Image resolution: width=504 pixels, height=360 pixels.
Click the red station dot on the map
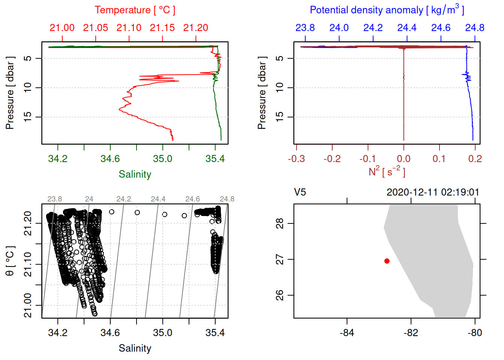(x=387, y=261)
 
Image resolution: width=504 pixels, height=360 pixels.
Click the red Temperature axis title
(x=135, y=10)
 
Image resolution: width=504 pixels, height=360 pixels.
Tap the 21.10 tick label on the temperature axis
(x=129, y=28)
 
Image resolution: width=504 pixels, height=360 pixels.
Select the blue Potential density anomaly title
(x=387, y=10)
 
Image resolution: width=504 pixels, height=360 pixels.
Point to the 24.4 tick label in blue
(x=407, y=28)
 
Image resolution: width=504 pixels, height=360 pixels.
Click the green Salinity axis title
(x=135, y=174)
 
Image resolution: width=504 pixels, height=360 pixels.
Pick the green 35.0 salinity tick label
(x=163, y=159)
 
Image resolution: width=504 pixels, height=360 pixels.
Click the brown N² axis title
(x=387, y=172)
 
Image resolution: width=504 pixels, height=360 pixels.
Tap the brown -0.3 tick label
(x=296, y=159)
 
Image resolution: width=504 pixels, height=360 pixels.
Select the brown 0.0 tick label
(x=403, y=159)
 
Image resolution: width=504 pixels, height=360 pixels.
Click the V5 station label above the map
(x=300, y=192)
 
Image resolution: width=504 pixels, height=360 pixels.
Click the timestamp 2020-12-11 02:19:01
(x=433, y=192)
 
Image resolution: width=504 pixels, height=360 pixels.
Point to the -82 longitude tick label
(x=411, y=333)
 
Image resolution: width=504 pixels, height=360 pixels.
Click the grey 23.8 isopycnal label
(x=55, y=199)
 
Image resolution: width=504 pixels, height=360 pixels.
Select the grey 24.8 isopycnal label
(x=227, y=199)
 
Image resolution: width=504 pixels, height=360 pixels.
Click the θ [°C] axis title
(x=10, y=261)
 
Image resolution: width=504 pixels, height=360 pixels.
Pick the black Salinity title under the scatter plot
(x=135, y=348)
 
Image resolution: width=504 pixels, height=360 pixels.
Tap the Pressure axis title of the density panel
(x=262, y=93)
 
